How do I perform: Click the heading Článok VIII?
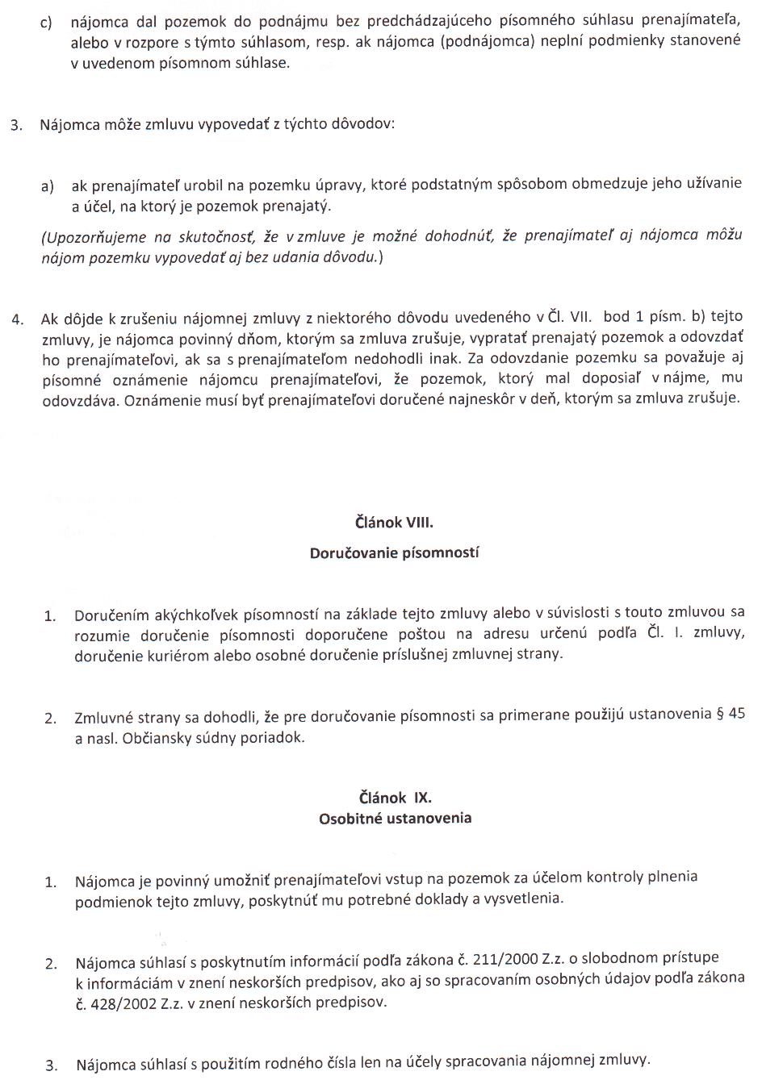click(x=394, y=523)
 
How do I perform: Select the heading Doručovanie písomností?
click(x=394, y=553)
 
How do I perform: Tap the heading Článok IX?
click(x=395, y=798)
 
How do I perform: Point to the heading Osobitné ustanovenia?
click(x=395, y=818)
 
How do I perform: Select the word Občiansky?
click(x=160, y=738)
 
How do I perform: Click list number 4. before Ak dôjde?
click(x=18, y=319)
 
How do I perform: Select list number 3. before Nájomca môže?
click(x=16, y=127)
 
